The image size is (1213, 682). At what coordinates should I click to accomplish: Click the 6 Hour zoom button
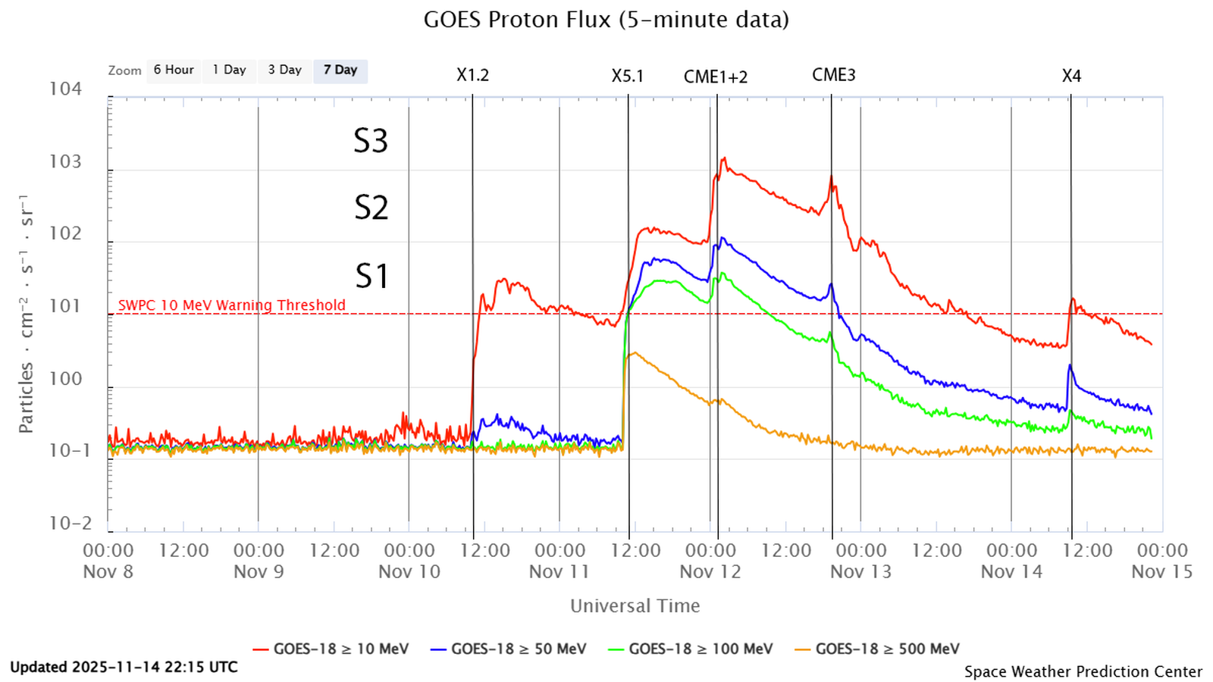(174, 70)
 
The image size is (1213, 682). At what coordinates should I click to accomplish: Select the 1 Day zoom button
(229, 70)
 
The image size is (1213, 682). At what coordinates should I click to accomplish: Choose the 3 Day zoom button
(284, 70)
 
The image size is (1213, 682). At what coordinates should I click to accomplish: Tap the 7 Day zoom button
(340, 70)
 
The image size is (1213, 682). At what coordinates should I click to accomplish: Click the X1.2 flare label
(472, 75)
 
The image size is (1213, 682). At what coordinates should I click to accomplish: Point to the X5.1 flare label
(627, 76)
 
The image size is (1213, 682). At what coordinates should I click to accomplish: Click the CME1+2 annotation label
(715, 77)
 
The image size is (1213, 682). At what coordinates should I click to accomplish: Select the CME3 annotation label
(833, 74)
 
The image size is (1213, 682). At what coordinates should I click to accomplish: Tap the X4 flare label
(1070, 76)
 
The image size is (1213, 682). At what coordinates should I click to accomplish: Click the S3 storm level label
(371, 141)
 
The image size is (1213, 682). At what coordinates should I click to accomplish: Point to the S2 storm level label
(371, 207)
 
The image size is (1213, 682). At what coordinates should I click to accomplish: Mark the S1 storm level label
(371, 275)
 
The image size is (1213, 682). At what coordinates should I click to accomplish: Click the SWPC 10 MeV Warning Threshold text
(231, 305)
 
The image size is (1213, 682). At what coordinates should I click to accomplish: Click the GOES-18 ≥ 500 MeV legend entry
(877, 649)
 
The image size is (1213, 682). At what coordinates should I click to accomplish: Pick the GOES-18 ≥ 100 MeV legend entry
(691, 649)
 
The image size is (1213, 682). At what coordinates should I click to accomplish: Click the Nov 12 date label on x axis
(710, 571)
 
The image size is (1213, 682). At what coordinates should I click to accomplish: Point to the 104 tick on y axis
(65, 89)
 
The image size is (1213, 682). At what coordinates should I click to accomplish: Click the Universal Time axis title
(635, 605)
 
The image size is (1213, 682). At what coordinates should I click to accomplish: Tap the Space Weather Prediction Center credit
(1083, 671)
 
